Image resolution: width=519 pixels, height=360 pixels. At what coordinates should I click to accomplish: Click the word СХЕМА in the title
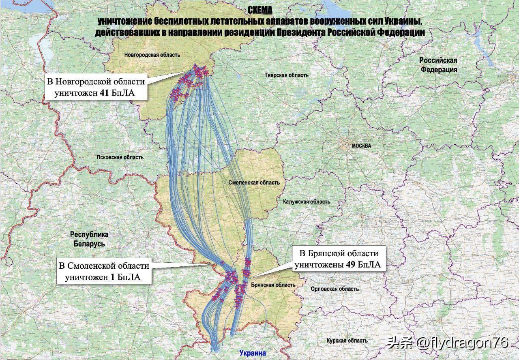point(260,10)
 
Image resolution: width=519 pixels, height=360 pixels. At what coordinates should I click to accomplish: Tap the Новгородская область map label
point(152,55)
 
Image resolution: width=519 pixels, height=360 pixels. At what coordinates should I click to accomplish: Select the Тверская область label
point(286,75)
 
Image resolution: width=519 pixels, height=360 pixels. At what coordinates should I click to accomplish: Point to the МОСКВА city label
point(361,146)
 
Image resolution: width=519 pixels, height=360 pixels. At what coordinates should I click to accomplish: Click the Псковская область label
point(120,158)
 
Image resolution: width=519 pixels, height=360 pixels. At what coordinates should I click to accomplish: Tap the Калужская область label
point(307,201)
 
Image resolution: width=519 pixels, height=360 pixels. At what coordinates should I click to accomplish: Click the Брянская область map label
point(272,285)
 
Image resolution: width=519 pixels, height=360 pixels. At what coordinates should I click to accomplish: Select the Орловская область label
point(335,289)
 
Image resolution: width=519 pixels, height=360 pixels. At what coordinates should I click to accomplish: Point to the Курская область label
point(347,341)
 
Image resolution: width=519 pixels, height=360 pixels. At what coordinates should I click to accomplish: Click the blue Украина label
point(253,353)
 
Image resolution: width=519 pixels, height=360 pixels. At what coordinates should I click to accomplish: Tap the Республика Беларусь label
point(89,239)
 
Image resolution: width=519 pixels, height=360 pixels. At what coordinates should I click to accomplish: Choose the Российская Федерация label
point(438,65)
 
